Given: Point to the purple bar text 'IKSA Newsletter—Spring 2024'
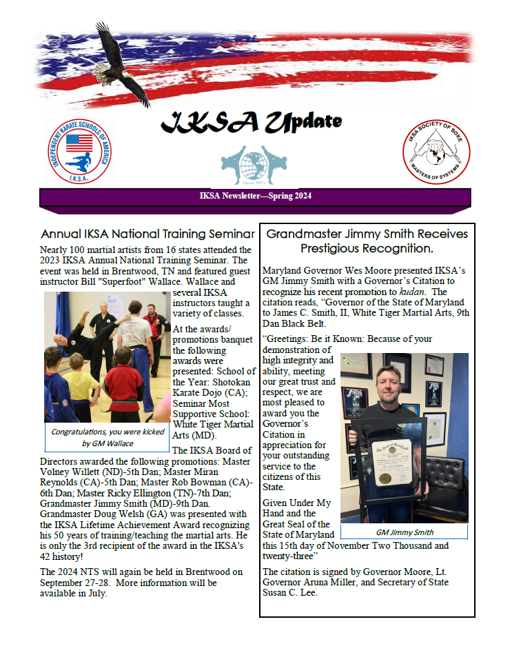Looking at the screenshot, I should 255,196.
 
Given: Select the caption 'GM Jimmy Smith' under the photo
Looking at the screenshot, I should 404,532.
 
